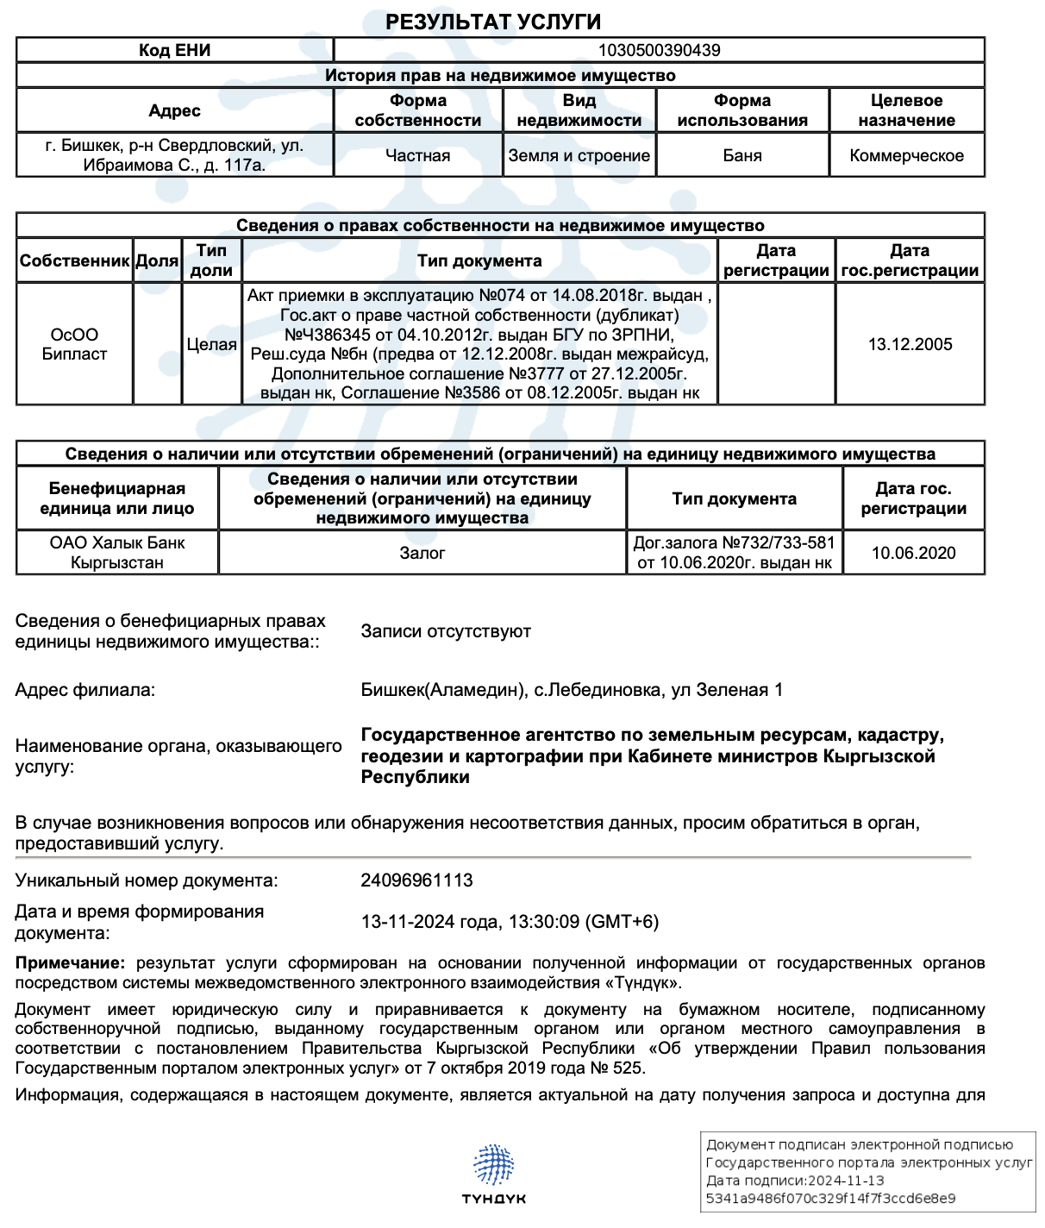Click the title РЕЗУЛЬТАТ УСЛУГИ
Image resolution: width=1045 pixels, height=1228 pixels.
tap(492, 22)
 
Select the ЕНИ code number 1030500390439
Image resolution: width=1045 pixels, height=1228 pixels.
tap(659, 50)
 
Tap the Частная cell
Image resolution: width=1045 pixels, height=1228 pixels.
tap(417, 156)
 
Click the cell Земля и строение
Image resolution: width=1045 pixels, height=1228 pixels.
tap(579, 156)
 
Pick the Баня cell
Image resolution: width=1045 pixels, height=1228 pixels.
tap(742, 156)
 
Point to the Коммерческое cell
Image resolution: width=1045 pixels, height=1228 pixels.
tap(906, 156)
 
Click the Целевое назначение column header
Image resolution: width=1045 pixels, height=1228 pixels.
tap(906, 110)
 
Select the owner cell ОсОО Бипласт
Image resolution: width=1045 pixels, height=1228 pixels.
tap(74, 344)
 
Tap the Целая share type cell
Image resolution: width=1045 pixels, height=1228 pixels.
tap(211, 344)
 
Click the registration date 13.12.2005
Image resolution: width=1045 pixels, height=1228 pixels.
tap(910, 344)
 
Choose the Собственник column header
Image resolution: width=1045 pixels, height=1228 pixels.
tap(74, 260)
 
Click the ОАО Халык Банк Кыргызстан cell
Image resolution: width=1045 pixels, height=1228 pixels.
tap(116, 553)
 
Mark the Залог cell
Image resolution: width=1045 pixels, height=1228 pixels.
tap(422, 553)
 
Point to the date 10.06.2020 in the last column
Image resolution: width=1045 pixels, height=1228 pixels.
tap(913, 553)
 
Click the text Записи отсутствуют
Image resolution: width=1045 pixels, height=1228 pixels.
tap(446, 631)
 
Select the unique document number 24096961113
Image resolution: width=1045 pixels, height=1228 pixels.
tap(416, 880)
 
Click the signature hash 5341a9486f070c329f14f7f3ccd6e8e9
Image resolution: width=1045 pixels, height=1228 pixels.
tap(830, 1199)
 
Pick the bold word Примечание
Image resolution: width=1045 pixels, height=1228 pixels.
tap(69, 963)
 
